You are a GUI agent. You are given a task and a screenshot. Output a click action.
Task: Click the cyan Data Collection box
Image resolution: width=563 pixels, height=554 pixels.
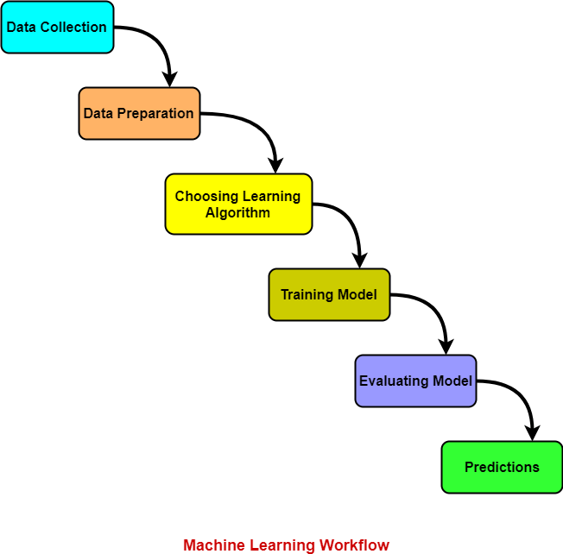tap(57, 27)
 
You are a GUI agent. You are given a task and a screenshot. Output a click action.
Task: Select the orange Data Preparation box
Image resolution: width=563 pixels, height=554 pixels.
tap(139, 113)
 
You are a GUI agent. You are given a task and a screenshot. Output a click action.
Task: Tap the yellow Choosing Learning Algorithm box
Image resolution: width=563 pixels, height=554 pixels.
tap(238, 204)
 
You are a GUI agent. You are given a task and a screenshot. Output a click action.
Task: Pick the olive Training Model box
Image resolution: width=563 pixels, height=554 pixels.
tap(329, 294)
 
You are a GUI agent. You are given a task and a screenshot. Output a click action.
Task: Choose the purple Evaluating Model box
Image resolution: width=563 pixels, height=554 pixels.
tap(415, 381)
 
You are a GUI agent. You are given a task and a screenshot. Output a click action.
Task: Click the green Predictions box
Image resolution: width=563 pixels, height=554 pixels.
tap(502, 467)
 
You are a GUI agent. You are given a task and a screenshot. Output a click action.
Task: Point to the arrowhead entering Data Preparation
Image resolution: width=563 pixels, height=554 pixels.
tap(169, 79)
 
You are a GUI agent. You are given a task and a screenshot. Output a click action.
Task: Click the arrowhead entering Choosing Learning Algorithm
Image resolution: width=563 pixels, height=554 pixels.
tap(275, 165)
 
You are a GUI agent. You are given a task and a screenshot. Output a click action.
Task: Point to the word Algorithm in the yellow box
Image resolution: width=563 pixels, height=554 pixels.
tap(237, 212)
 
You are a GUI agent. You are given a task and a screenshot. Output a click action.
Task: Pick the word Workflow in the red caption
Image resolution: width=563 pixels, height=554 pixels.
tap(354, 545)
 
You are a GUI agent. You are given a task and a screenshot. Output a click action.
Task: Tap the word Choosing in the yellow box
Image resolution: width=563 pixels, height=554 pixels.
tap(204, 196)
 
